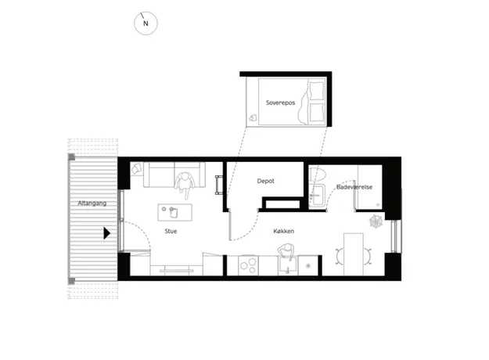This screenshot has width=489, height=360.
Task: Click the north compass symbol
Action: [146, 23]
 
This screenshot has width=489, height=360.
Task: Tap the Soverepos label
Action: [280, 103]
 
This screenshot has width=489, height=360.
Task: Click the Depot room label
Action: [266, 181]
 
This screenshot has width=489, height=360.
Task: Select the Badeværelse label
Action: [354, 187]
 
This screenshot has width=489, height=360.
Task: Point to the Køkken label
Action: [283, 231]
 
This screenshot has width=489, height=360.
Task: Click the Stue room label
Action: [171, 231]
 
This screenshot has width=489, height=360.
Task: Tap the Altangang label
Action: [92, 203]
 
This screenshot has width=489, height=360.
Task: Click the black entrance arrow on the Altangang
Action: [106, 233]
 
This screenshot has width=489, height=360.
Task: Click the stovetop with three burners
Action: [248, 265]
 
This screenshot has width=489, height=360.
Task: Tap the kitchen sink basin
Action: [287, 265]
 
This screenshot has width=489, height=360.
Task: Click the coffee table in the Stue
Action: [175, 212]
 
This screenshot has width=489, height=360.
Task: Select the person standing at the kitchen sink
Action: [286, 251]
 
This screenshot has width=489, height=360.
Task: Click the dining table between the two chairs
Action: [354, 254]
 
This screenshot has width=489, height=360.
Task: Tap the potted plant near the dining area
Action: [376, 221]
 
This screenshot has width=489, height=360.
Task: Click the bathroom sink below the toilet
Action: [318, 196]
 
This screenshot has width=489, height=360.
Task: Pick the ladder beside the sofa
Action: [219, 185]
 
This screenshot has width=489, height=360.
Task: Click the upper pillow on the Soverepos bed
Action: [317, 91]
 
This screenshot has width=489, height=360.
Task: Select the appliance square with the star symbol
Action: [308, 265]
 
